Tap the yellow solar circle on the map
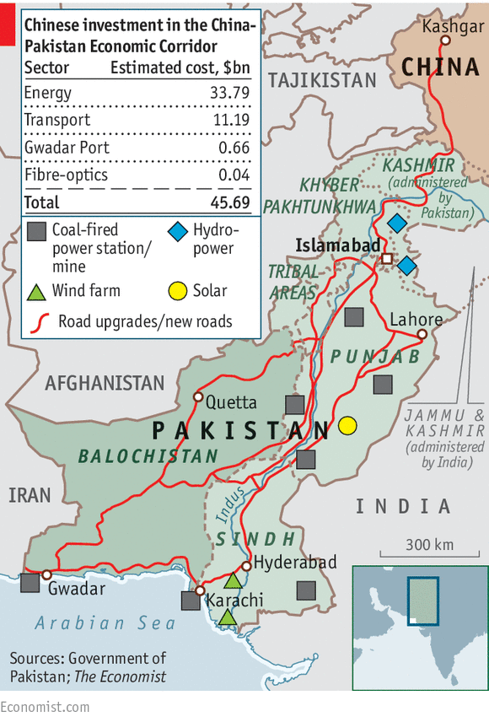pos(347,426)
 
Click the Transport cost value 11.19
pos(229,120)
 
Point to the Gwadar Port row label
pos(67,148)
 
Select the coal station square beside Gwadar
pos(30,582)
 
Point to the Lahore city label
pos(416,320)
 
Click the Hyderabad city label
pos(295,562)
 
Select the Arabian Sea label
pos(105,623)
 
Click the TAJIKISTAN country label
pos(322,80)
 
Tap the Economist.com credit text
pos(45,707)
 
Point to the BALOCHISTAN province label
pos(148,456)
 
